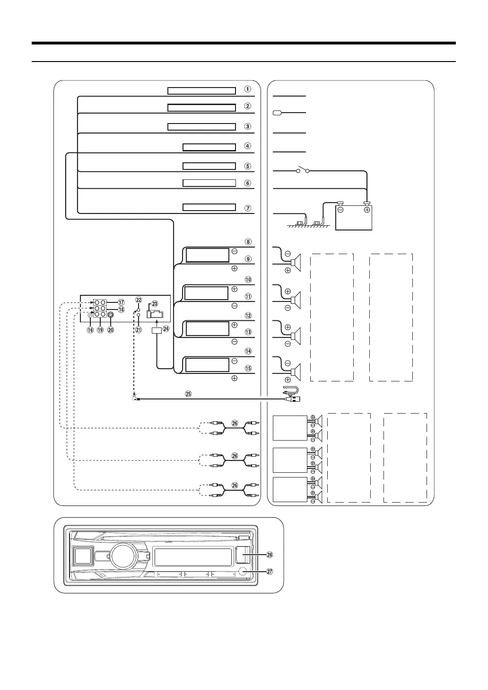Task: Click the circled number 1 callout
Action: coord(247,89)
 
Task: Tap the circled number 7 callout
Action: coord(247,208)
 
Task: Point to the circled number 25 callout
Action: coord(189,394)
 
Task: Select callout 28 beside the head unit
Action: coord(270,554)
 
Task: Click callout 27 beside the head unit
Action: coord(270,572)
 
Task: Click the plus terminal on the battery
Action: coord(367,210)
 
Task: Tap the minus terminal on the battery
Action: coord(340,210)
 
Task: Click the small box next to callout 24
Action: coord(157,331)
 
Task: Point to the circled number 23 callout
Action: coord(155,304)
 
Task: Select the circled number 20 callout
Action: coord(111,330)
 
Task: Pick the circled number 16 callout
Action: coord(90,330)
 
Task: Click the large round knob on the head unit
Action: coord(123,556)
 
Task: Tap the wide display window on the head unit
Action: coord(193,557)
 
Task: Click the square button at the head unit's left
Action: coord(83,556)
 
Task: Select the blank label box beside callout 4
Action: coord(209,147)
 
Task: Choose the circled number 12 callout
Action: coord(247,316)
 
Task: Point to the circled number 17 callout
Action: coord(121,302)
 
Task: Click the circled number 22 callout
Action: coord(139,300)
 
